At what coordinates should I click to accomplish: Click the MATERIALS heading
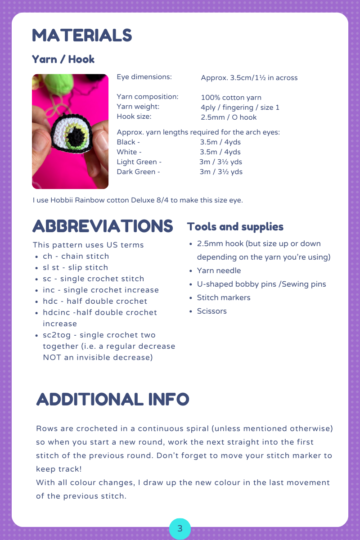pos(82,36)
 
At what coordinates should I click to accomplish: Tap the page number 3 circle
pos(180,529)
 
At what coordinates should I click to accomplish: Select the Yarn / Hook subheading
pos(63,59)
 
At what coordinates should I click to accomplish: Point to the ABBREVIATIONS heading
pos(103,226)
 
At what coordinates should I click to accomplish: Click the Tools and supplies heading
pos(235,226)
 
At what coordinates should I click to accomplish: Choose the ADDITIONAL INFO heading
pos(112,399)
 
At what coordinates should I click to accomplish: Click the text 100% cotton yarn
pos(231,97)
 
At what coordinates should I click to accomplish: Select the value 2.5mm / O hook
pos(229,117)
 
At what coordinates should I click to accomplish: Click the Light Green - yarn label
pos(139,162)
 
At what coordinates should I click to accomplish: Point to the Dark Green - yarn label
pos(138,172)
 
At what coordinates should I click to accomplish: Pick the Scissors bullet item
pos(211,311)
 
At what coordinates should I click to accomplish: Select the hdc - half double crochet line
pos(95,301)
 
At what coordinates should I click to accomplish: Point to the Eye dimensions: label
pos(144,77)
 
